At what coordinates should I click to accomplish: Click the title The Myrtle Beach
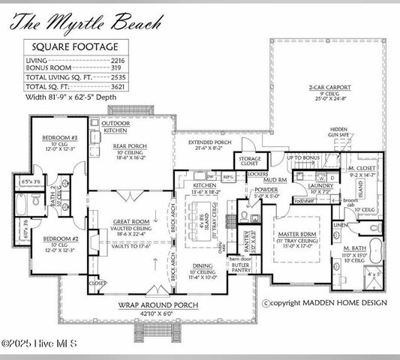tap(87, 22)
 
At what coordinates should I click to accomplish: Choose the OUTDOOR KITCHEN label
tap(116, 126)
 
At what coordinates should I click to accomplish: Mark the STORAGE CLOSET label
tap(251, 162)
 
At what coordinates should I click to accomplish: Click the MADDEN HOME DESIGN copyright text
tap(325, 302)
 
